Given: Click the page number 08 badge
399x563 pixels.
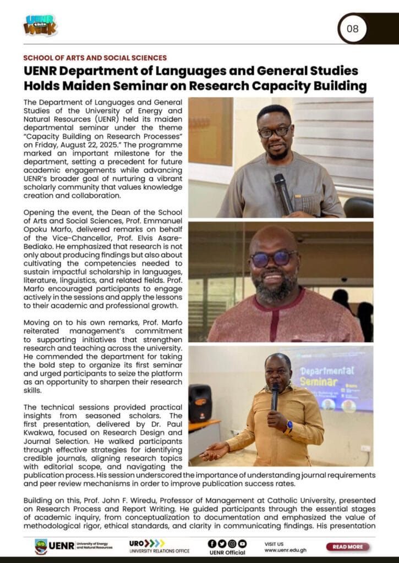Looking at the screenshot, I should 353,29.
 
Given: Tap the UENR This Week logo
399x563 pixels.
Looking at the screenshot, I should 40,25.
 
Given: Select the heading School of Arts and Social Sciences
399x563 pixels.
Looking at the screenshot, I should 95,58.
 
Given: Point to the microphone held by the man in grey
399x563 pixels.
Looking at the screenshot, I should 283,192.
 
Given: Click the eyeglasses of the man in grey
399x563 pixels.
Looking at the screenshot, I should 274,132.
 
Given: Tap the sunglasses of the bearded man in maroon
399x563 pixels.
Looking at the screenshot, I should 274,259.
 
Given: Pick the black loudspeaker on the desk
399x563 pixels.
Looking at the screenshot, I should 200,403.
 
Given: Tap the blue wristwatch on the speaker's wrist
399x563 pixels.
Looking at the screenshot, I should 288,425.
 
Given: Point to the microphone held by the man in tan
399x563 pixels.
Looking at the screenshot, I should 275,395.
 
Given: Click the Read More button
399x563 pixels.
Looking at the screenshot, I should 347,547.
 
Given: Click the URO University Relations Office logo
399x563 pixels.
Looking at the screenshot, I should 159,547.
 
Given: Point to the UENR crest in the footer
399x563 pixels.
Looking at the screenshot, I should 41,547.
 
